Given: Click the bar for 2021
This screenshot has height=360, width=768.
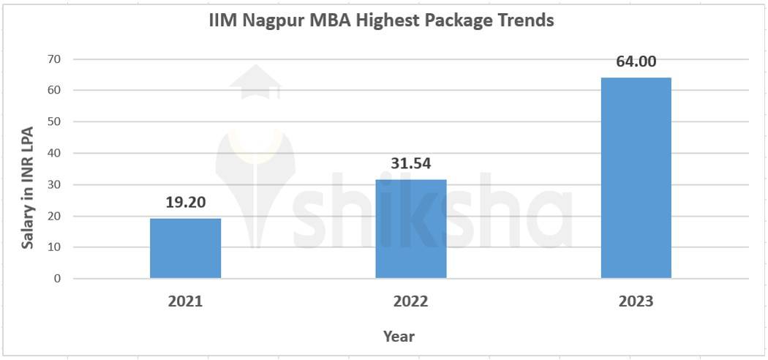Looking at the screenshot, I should [x=185, y=248].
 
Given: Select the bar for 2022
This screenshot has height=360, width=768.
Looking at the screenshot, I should [x=410, y=228].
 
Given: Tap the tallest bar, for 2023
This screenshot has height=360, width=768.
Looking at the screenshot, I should [x=636, y=178].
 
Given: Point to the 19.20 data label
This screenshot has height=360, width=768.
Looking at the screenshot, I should [x=185, y=202].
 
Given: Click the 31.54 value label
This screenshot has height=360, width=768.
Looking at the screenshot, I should [x=411, y=163].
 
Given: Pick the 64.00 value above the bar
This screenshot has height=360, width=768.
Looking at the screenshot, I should [x=636, y=61].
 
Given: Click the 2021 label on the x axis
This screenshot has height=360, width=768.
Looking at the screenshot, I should [x=186, y=301].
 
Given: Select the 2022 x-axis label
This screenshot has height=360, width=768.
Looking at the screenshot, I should [x=411, y=301].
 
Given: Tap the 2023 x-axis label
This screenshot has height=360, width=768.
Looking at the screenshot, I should [x=636, y=301].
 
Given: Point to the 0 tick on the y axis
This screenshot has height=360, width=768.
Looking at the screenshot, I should [x=57, y=279].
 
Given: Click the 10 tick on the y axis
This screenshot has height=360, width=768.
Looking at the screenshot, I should [x=54, y=247].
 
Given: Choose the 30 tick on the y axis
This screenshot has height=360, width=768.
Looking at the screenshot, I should [x=54, y=184].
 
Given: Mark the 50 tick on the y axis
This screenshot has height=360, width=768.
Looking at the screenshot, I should [x=54, y=121].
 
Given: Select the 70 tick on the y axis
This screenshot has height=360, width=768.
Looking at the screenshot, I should [x=54, y=59].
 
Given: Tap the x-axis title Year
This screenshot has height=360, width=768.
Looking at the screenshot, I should [x=399, y=337].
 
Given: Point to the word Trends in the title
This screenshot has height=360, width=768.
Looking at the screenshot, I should [x=525, y=20].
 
